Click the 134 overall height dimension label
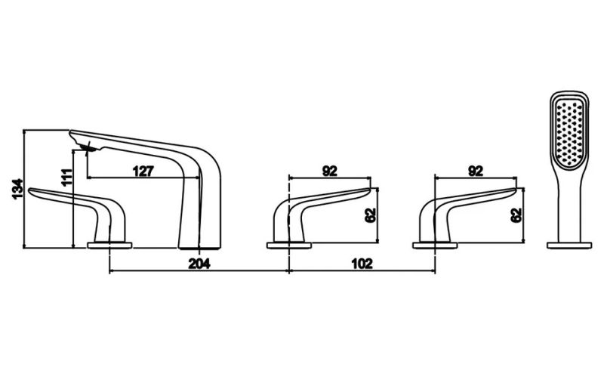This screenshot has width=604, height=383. pyautogui.click(x=17, y=189)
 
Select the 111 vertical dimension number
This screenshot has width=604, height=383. pyautogui.click(x=66, y=178)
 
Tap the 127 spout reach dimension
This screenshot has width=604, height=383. pyautogui.click(x=143, y=171)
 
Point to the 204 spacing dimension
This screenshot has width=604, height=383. pyautogui.click(x=199, y=264)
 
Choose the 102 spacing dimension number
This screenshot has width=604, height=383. pyautogui.click(x=362, y=264)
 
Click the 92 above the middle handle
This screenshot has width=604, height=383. pyautogui.click(x=329, y=171)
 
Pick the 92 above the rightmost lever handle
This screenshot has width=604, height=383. pyautogui.click(x=476, y=171)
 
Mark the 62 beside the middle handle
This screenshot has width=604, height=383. pyautogui.click(x=370, y=215)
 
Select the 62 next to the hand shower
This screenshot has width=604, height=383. pyautogui.click(x=516, y=215)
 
